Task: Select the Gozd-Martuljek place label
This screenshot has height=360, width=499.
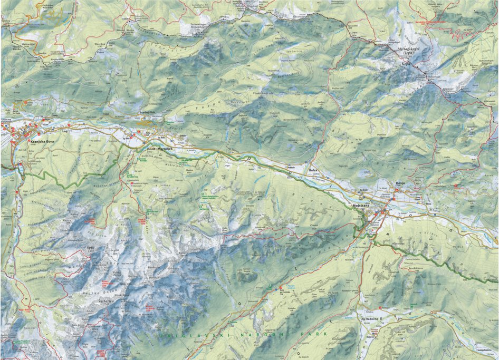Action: [157, 149]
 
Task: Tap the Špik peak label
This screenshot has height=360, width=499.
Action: [90, 247]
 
